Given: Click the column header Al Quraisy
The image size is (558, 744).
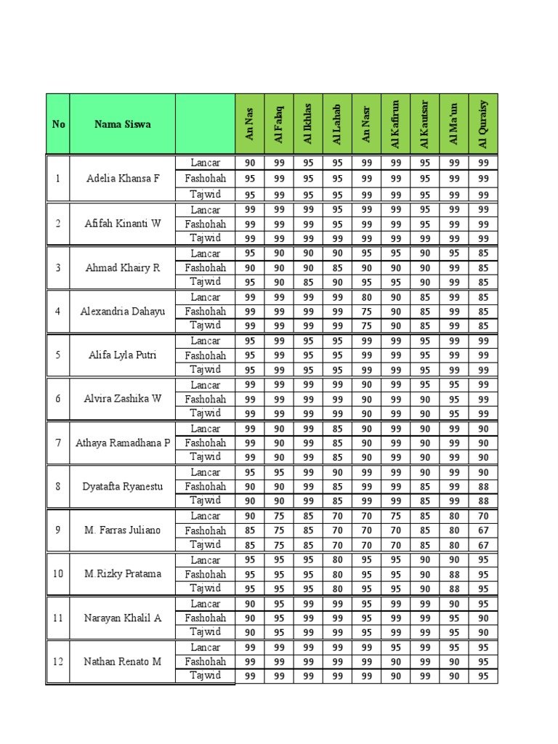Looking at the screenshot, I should click(x=483, y=124).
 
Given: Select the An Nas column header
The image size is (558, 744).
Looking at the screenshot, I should click(x=250, y=124).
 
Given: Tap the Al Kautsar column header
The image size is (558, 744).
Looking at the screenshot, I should click(x=425, y=124).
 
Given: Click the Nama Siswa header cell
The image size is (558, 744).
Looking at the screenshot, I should click(x=122, y=124).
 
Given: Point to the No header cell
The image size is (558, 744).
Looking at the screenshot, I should click(x=58, y=124).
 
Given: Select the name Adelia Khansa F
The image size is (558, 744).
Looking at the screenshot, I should click(x=122, y=178).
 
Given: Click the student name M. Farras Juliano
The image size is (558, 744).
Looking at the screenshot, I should click(x=122, y=530).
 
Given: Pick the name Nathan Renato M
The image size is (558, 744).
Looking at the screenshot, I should click(x=122, y=661).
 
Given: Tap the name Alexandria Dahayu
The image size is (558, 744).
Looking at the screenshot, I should click(x=122, y=311).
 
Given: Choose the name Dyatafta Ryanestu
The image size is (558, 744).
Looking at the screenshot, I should click(x=122, y=486).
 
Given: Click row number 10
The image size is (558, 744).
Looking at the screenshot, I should click(x=58, y=573).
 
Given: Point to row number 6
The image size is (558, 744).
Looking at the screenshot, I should click(x=58, y=398).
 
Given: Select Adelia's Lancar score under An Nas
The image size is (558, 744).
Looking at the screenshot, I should click(x=250, y=163).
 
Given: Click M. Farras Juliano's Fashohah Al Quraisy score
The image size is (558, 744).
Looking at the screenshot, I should click(x=483, y=530).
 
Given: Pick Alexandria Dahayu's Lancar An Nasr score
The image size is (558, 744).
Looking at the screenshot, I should click(x=366, y=297).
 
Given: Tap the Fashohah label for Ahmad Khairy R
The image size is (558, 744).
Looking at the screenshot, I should click(x=205, y=267).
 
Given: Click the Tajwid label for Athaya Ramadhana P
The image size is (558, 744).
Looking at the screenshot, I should click(x=205, y=456).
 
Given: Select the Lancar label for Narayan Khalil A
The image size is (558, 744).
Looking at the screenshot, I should click(x=205, y=603).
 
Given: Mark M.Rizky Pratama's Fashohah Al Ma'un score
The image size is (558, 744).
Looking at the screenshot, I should click(x=454, y=574).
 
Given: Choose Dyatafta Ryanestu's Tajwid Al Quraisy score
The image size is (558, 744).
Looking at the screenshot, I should click(x=483, y=501).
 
